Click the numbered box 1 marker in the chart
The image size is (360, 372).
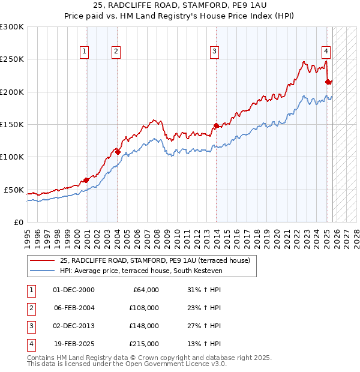click(x=85, y=52)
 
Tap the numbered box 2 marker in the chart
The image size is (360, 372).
click(x=115, y=52)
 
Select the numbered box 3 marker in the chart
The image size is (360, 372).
click(x=214, y=52)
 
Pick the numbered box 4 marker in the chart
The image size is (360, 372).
click(x=325, y=52)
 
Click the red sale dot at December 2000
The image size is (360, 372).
click(x=86, y=180)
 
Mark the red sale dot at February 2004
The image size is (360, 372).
click(x=118, y=152)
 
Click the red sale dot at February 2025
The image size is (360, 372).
click(x=328, y=82)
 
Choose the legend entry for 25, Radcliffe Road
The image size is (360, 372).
click(x=158, y=260)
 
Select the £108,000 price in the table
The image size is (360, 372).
click(x=144, y=308)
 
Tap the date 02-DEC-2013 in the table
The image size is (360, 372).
click(x=74, y=326)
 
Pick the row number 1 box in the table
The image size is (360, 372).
click(x=31, y=290)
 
